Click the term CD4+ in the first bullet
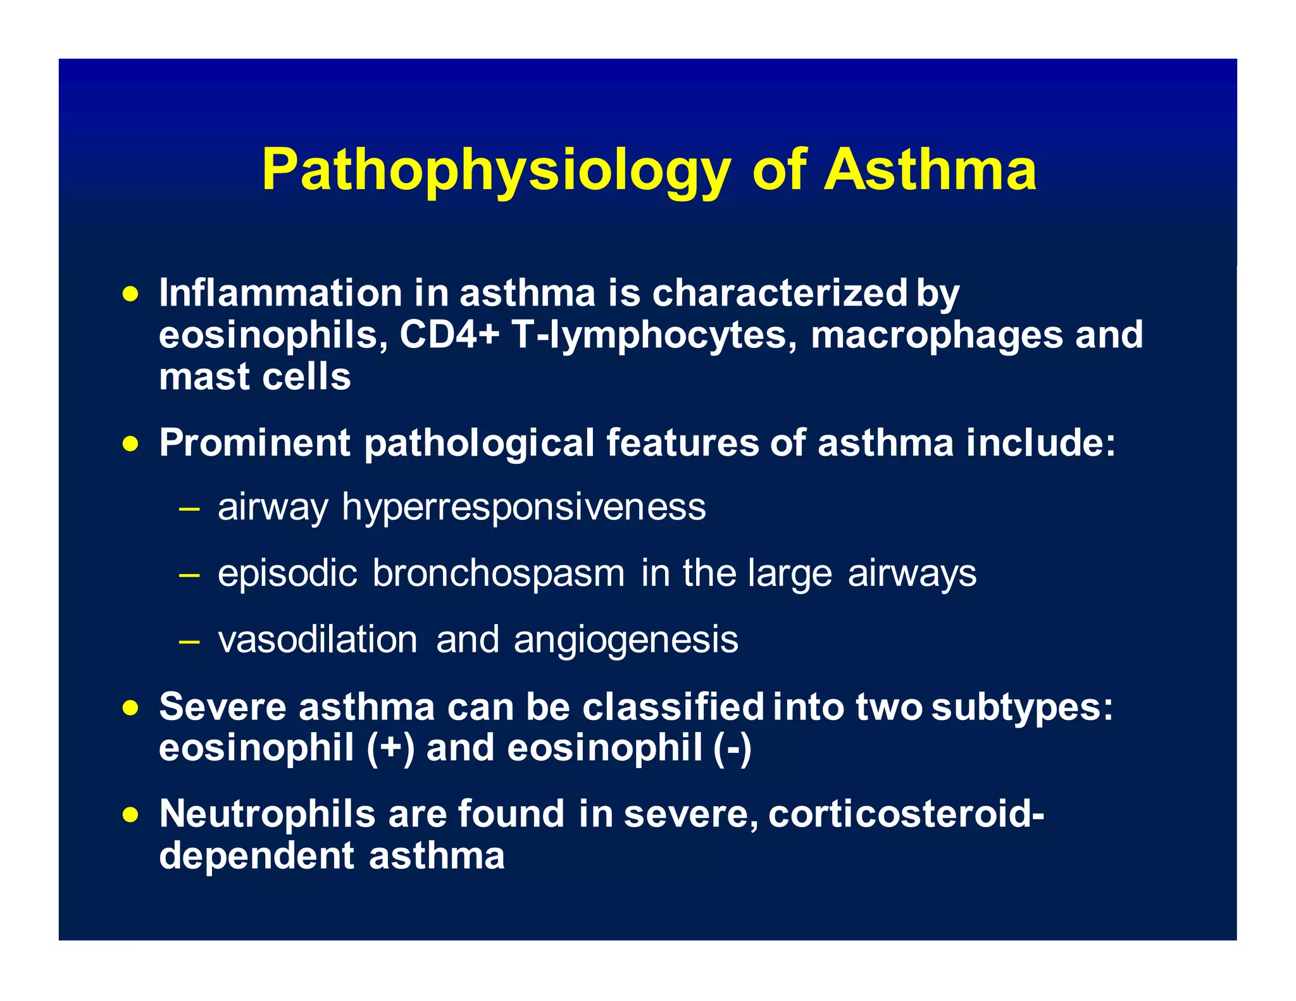tap(449, 335)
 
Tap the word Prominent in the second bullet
tap(254, 442)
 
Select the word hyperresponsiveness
tap(523, 508)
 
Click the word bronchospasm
tap(498, 573)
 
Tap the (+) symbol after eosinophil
tap(390, 748)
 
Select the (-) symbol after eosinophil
tap(732, 748)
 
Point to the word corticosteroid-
tap(906, 814)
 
